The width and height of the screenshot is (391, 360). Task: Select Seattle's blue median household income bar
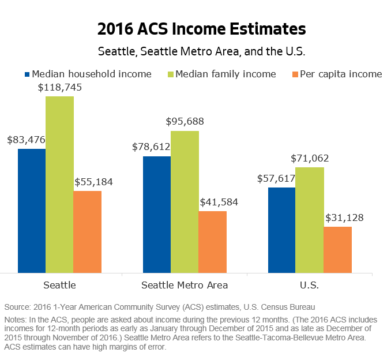click(x=32, y=211)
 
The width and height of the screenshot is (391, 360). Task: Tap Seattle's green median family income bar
click(x=59, y=185)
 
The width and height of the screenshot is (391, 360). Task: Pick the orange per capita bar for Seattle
click(x=87, y=231)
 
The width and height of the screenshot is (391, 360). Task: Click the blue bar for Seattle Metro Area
click(x=157, y=214)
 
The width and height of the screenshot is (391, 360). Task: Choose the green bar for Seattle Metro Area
click(x=185, y=201)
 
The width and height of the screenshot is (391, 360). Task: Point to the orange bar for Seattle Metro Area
click(x=212, y=242)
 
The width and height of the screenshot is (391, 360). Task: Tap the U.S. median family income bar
click(x=310, y=220)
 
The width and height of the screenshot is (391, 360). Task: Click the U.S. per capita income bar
click(x=337, y=249)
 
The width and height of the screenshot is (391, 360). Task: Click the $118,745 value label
click(x=60, y=88)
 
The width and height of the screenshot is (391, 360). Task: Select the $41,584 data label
click(x=219, y=202)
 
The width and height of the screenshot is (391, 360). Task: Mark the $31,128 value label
click(x=344, y=218)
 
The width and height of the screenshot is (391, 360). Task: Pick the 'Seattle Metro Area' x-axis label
click(x=185, y=285)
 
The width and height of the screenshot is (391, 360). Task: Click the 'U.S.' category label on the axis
click(x=310, y=285)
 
